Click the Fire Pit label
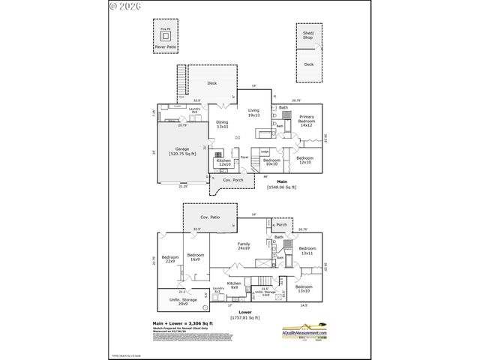coord(166,29)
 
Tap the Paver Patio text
coord(166,46)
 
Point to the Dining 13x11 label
coord(222,124)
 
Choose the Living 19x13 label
coord(253,112)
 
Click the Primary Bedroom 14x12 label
coord(306,120)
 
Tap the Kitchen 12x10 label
coord(223,162)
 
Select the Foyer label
coord(244,157)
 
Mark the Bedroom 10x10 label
coord(271,161)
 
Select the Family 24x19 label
coord(244,246)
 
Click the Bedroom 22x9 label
coord(170,259)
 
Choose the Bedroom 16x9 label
coord(196,257)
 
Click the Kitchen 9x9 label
coord(234,285)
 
